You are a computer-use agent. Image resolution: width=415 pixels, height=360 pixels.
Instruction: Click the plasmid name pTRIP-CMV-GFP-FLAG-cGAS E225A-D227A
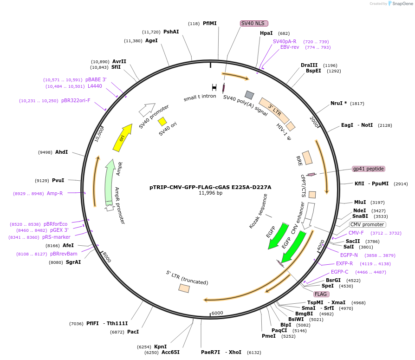click(210, 187)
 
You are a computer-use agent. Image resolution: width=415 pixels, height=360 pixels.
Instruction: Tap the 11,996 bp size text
click(210, 193)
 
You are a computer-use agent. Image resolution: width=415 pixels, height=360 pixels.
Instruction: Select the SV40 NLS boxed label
click(254, 23)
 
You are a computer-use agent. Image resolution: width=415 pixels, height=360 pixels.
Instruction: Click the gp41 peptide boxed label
click(369, 169)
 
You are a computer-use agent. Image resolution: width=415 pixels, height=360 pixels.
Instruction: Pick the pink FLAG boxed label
click(321, 294)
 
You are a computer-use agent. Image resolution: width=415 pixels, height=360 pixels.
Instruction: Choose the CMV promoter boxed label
click(367, 225)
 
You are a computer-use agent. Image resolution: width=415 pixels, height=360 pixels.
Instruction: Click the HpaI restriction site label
click(266, 33)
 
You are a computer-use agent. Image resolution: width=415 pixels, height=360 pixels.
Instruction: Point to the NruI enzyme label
click(339, 103)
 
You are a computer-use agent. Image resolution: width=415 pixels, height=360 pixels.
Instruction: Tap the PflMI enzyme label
click(210, 23)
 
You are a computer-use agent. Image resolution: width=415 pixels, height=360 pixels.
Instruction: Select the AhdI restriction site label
click(62, 152)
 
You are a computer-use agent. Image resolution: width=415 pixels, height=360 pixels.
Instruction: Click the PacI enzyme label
click(133, 332)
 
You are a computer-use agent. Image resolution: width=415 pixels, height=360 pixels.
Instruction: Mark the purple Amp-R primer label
click(55, 193)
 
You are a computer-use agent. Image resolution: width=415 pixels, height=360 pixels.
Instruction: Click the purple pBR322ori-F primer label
click(76, 100)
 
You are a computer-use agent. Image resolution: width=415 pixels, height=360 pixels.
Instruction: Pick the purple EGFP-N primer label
click(349, 255)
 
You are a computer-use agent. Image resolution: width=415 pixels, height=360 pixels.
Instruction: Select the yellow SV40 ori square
click(162, 121)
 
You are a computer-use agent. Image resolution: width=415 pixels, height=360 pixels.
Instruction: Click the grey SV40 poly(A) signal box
click(249, 95)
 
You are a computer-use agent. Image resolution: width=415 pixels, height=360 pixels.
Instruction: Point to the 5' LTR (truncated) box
click(184, 288)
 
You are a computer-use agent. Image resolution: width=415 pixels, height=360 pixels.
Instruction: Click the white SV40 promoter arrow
click(147, 110)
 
